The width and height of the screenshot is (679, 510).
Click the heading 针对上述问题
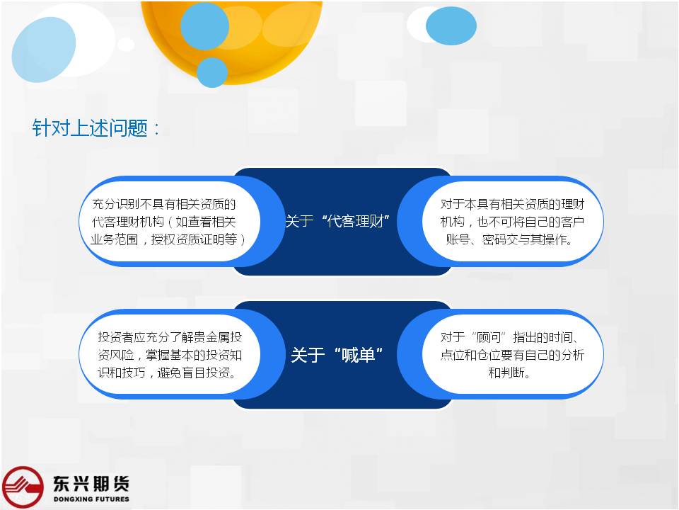point(90,128)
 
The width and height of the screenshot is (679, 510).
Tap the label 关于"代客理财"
point(337,221)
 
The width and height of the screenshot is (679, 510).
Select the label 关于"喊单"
point(337,355)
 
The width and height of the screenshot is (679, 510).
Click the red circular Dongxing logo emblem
point(23,487)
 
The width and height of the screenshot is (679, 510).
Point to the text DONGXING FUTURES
point(91,499)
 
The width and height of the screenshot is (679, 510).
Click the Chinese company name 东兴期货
point(91,484)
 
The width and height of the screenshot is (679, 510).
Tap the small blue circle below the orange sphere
point(212,72)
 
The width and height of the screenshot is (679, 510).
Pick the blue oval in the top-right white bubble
point(451,25)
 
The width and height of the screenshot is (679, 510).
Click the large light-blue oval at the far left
point(44,50)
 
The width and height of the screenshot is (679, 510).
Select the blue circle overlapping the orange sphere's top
point(204,25)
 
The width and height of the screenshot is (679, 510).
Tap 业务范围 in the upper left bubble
point(115,239)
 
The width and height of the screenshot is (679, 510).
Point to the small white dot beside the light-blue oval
point(126,44)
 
